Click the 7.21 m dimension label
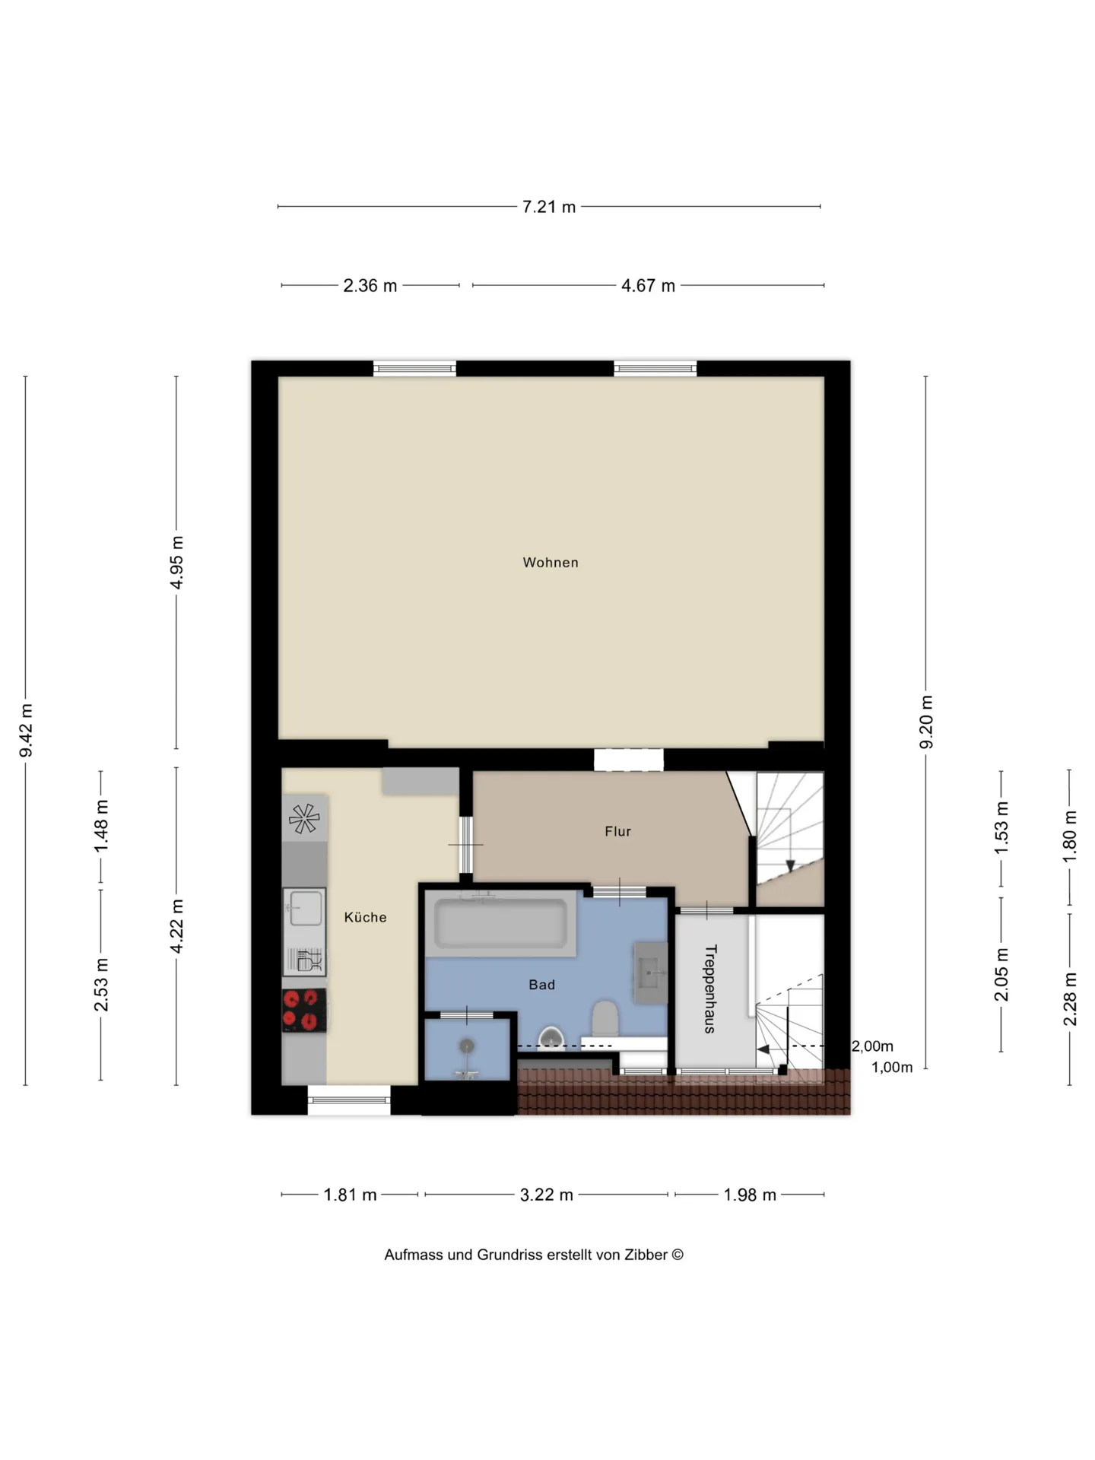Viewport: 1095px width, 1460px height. (548, 207)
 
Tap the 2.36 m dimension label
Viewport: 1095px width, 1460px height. (370, 286)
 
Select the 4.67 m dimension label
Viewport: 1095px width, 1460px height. (648, 286)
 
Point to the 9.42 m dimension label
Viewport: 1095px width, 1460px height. (26, 730)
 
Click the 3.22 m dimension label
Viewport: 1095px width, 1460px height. (546, 1195)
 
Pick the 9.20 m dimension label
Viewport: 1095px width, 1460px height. (926, 722)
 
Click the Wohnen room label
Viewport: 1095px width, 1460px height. (551, 563)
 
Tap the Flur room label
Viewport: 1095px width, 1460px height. (617, 831)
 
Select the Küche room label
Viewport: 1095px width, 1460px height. (365, 917)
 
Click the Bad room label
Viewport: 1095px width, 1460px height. (541, 985)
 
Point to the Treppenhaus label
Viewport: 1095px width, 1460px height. (710, 989)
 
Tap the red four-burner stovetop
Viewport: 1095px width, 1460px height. (304, 1010)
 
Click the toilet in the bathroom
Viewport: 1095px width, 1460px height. (605, 1018)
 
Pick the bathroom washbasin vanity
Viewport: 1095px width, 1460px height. (651, 973)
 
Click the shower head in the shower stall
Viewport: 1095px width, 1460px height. (467, 1047)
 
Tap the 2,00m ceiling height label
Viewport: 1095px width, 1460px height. (872, 1046)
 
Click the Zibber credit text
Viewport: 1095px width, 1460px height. (534, 1255)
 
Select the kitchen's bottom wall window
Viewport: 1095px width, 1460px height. (349, 1100)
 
